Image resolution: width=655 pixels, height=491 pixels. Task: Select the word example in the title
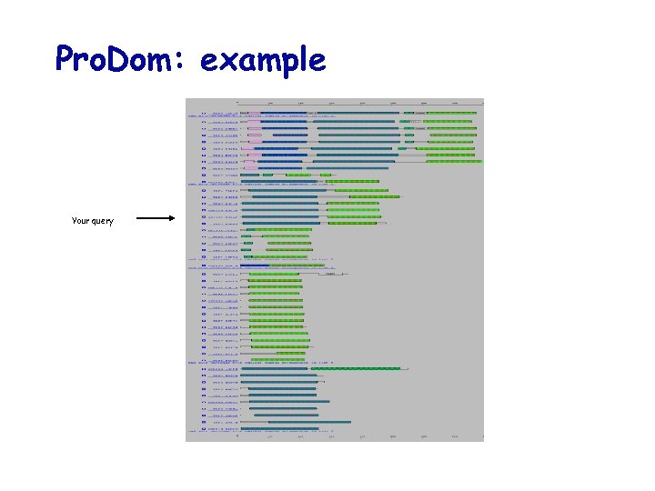click(262, 60)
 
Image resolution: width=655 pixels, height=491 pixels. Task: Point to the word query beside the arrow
click(103, 222)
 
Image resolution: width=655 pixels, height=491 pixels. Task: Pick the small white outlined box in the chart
click(331, 273)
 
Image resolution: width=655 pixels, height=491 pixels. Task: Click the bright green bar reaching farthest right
click(454, 162)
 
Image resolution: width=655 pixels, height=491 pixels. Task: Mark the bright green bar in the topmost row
click(449, 114)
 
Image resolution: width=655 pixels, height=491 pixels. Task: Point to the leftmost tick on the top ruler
click(238, 102)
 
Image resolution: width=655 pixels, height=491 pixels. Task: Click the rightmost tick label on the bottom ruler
click(482, 436)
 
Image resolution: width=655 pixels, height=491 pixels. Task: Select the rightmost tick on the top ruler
click(482, 102)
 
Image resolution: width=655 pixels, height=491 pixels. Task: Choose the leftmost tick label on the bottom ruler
click(238, 436)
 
